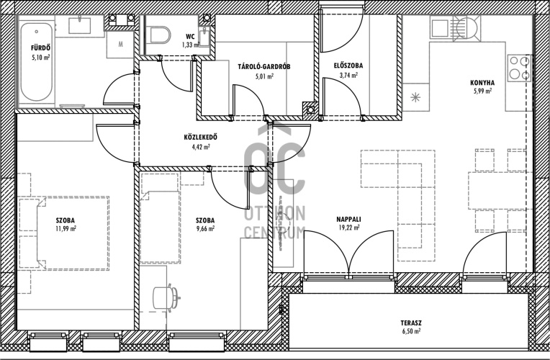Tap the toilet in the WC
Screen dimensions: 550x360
coord(159,35)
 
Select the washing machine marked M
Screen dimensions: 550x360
coord(120,45)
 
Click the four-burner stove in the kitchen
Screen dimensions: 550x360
coord(519,68)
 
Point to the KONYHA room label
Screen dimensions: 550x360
coord(482,83)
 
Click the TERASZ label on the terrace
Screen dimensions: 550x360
coord(411,323)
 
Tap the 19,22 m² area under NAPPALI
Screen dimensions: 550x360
coord(348,228)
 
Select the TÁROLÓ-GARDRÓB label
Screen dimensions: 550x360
coord(264,66)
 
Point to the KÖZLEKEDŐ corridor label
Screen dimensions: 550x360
coord(200,138)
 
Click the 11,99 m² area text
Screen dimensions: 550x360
coord(66,228)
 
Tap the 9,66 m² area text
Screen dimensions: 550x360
coord(205,228)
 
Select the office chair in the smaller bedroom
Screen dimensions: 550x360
coord(166,298)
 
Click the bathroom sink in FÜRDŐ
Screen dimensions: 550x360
coord(80,25)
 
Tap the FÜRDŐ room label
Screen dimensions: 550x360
coord(40,48)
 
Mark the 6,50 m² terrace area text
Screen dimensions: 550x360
coord(411,331)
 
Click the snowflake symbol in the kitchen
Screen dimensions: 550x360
coord(415,97)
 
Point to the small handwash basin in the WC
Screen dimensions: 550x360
coord(204,37)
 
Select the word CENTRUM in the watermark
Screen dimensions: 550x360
coord(275,233)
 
